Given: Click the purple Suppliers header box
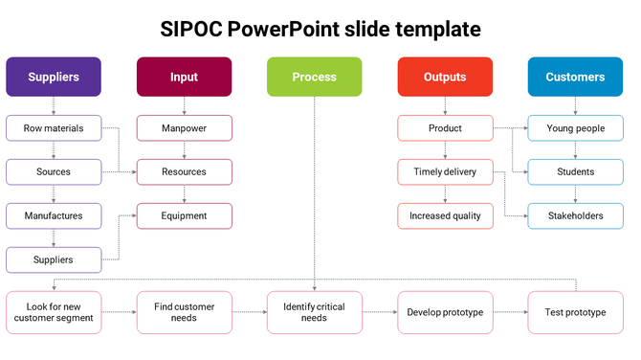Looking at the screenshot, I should point(54,77).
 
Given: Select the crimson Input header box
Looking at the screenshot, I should point(184,77).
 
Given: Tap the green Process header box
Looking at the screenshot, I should point(314,77).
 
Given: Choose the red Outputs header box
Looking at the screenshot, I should point(445,77).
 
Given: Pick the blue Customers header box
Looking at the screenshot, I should point(575,77).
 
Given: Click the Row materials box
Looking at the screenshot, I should point(54,128).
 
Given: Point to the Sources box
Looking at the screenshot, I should point(54,172).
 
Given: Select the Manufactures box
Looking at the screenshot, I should point(54,215).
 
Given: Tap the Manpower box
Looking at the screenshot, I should point(184,128).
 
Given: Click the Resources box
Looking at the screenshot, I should point(184,172).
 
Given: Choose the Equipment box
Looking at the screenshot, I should point(184,215).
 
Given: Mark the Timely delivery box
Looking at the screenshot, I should point(445,172).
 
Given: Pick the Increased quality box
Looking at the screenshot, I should point(445,215).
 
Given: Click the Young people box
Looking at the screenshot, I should point(575,128).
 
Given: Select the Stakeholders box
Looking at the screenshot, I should point(575,215).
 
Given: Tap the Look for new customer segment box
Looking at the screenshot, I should point(54,312).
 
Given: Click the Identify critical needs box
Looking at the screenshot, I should point(314,312).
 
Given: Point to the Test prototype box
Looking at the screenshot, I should point(575,312).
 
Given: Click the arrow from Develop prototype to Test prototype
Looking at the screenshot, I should point(510,312).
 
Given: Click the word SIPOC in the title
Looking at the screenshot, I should point(194,30).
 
